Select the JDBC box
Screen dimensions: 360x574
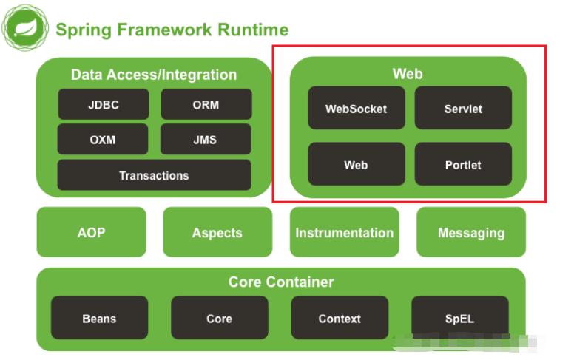[104, 104]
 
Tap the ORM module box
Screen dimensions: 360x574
[206, 104]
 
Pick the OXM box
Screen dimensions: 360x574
[103, 139]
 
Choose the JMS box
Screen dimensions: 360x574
[206, 139]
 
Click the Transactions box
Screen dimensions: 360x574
[154, 175]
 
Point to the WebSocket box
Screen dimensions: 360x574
[357, 108]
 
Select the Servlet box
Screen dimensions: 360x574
[463, 108]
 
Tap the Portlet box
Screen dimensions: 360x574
[463, 164]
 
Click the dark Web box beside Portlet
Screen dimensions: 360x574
[357, 164]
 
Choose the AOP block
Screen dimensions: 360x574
[92, 232]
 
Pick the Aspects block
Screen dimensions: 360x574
[217, 232]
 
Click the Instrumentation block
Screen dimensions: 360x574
[345, 232]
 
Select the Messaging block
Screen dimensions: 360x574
[471, 232]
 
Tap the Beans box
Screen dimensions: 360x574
[99, 318]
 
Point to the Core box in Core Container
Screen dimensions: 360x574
[219, 318]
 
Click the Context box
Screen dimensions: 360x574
[340, 318]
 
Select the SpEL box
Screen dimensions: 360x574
[459, 318]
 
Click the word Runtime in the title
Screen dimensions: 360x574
[251, 30]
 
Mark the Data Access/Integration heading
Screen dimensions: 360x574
[154, 75]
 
